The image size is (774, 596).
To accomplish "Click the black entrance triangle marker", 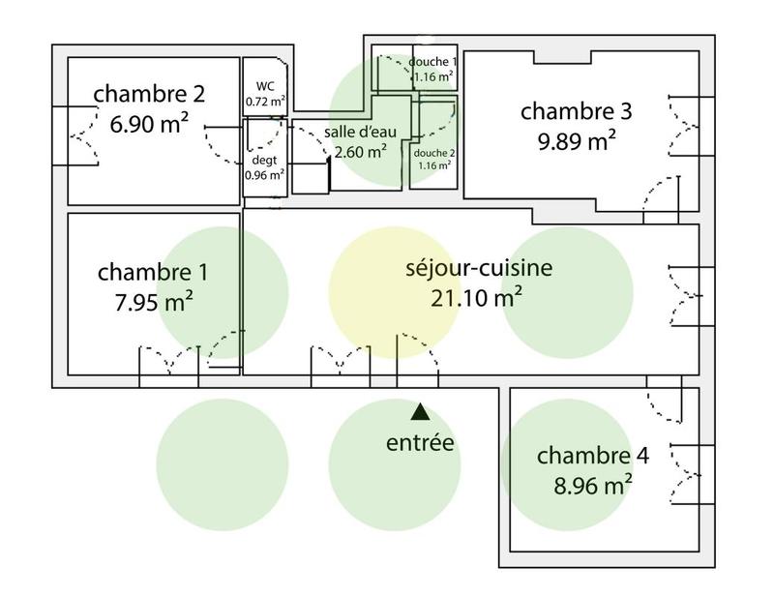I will (x=420, y=412).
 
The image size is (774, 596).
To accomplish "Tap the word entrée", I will (x=420, y=443).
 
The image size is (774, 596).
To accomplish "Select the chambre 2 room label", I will (x=149, y=94).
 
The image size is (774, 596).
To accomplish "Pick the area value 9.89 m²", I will (x=577, y=141).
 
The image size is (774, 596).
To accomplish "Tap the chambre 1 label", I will (x=153, y=271).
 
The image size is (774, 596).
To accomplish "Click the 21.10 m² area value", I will (x=478, y=297).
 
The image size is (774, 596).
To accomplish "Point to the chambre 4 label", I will (x=593, y=455).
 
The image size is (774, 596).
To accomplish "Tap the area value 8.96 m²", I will (x=593, y=484).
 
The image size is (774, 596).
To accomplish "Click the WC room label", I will (x=264, y=86).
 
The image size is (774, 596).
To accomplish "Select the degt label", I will (x=264, y=161).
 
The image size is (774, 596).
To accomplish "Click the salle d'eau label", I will (x=360, y=133).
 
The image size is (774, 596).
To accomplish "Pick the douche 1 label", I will (x=432, y=61).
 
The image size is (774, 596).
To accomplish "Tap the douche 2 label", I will (x=433, y=152).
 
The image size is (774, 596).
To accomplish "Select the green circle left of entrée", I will (x=223, y=462).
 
